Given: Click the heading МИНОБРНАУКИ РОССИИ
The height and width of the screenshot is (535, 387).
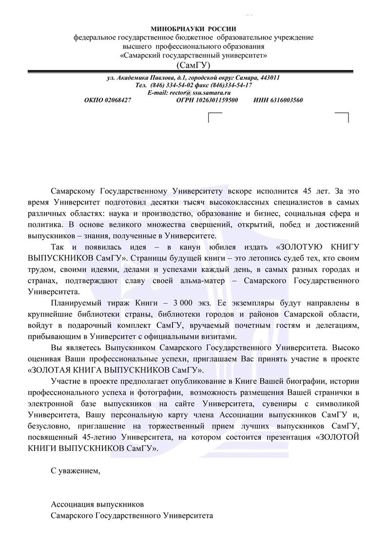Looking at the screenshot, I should (x=193, y=30).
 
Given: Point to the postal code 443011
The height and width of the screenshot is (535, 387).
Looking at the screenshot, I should (x=269, y=78).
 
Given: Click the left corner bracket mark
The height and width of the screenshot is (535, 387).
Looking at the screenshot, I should (x=215, y=116).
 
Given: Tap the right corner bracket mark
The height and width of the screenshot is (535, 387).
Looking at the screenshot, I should (x=342, y=116).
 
